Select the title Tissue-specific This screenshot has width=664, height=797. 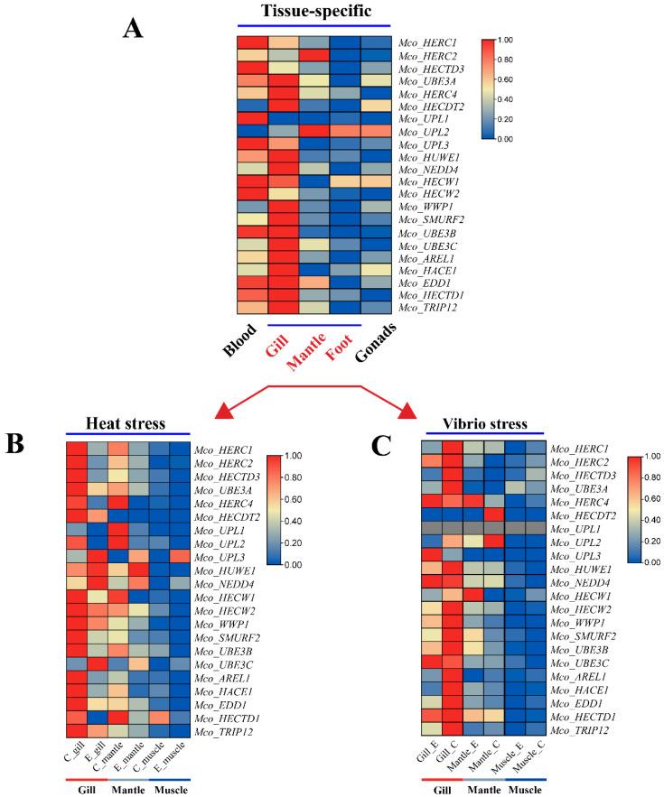coord(301,10)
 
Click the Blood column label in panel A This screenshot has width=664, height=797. coord(213,352)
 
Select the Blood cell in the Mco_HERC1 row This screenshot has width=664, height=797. coord(253,42)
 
